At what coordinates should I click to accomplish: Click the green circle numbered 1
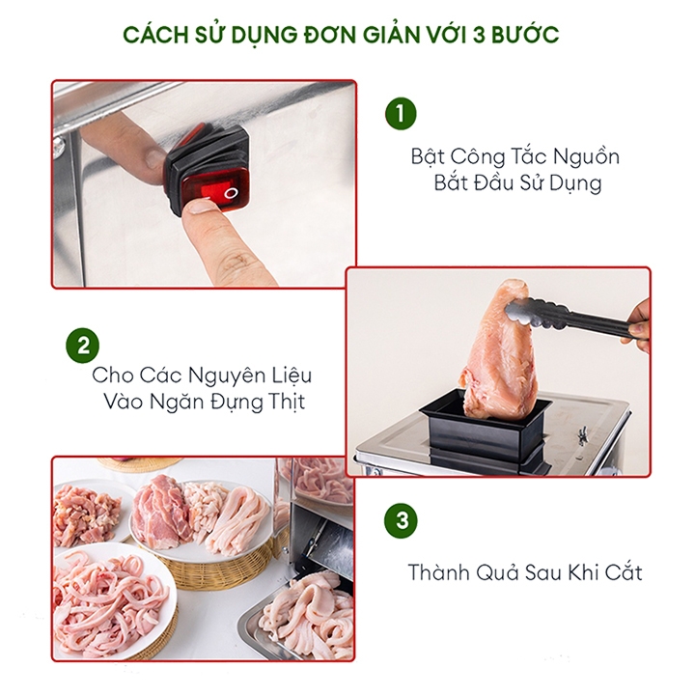click(x=401, y=114)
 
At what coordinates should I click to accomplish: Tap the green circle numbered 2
click(x=82, y=346)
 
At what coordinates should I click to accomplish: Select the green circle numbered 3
click(x=402, y=519)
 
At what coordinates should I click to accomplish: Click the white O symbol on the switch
click(x=231, y=193)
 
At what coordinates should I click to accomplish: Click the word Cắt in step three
click(x=624, y=571)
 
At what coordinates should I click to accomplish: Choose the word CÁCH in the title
click(x=156, y=35)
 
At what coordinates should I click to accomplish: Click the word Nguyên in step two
click(x=226, y=375)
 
